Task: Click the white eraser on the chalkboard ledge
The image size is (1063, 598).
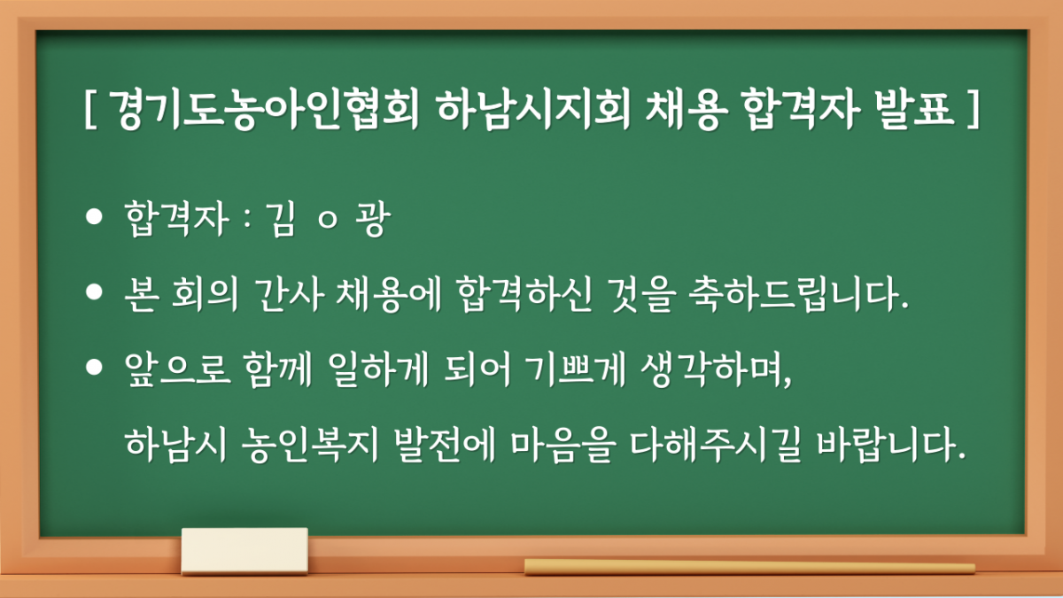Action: coord(244,550)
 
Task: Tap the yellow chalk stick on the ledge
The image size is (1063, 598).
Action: coord(749,567)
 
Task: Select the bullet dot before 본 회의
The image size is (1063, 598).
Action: coord(92,296)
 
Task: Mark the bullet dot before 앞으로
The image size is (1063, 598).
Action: coord(92,369)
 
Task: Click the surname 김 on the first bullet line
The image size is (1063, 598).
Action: coord(285,221)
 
